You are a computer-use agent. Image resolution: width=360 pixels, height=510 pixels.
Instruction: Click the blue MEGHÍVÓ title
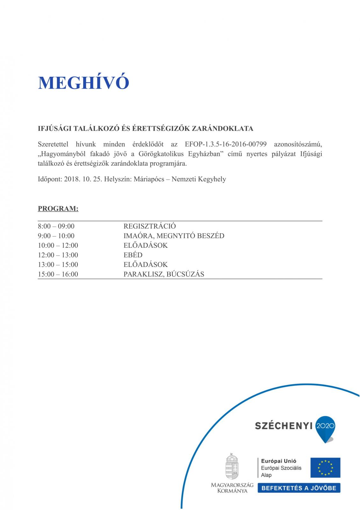point(83,83)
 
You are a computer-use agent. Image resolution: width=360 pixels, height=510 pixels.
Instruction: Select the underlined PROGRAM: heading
point(58,209)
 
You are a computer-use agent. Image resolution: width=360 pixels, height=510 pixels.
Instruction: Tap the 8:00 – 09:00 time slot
point(56,226)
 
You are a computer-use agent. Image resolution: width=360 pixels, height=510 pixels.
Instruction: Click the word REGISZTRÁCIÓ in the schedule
point(149,226)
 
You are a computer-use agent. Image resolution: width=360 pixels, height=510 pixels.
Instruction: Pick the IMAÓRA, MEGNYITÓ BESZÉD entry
point(174,236)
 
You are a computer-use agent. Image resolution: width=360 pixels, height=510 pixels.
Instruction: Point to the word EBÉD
point(133,255)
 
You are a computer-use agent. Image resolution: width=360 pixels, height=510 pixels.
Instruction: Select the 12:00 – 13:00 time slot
point(58,255)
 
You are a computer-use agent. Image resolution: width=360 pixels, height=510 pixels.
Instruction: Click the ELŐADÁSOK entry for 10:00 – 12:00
point(145,245)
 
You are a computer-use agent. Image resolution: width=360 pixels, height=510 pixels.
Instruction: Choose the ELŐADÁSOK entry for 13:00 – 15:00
point(145,265)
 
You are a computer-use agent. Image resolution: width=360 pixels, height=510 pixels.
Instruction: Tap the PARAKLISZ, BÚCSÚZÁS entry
point(164,274)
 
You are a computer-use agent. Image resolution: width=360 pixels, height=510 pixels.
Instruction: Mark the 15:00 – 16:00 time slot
point(58,274)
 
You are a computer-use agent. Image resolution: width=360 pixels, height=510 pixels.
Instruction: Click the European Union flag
point(325,468)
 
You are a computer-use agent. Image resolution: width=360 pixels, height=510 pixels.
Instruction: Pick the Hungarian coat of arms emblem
point(232,466)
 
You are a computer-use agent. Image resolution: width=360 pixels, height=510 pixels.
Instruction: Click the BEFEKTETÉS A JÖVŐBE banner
point(299,488)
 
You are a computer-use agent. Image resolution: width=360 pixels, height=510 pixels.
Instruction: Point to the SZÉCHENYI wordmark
point(283,426)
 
